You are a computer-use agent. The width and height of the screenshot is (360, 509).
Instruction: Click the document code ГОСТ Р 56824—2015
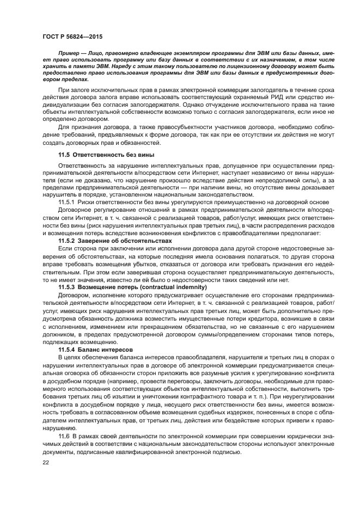point(73,36)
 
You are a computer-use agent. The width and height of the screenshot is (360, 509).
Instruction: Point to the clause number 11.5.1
point(68,201)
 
